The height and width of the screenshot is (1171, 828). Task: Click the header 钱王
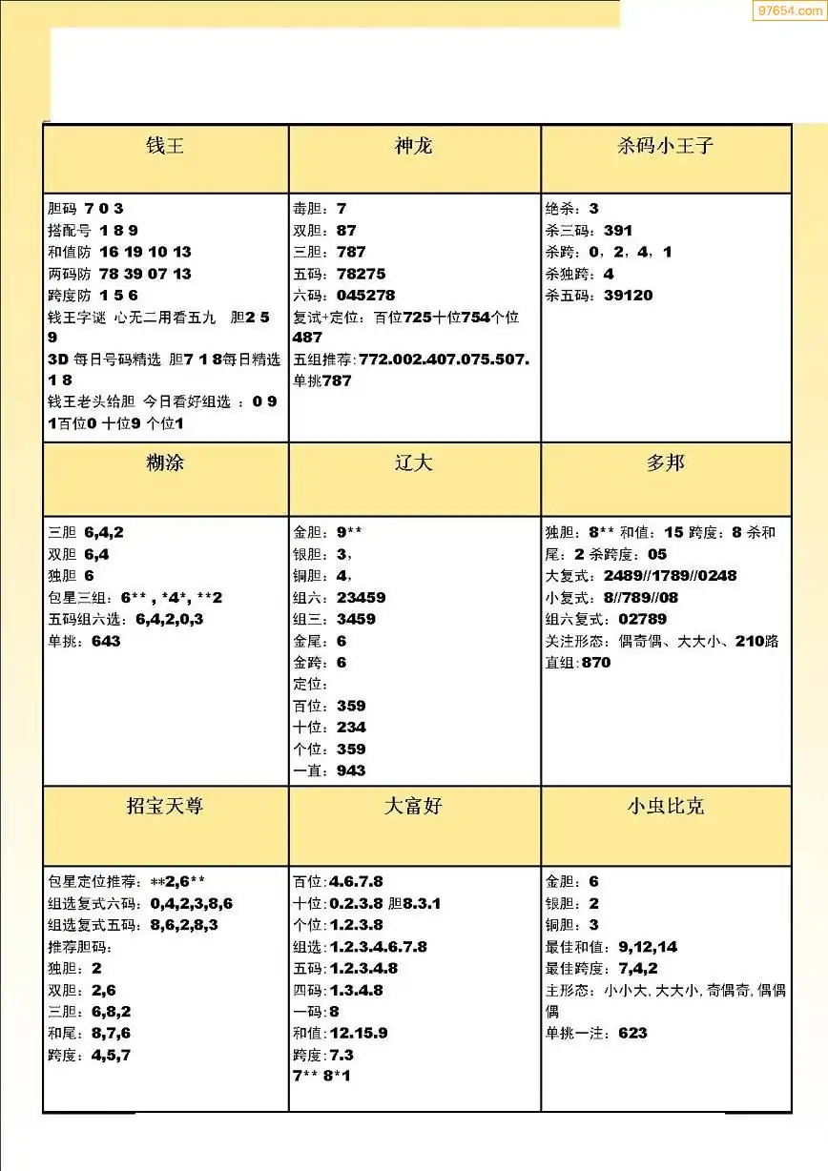point(165,146)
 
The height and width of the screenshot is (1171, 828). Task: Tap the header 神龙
point(414,146)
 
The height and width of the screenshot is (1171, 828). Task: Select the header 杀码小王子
point(666,146)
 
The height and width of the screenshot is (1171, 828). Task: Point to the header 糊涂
point(165,463)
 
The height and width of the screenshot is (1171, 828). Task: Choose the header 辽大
point(414,463)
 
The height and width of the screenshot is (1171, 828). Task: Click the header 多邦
point(666,463)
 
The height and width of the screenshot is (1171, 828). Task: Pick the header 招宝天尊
point(165,807)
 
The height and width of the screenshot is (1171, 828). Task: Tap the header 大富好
point(414,807)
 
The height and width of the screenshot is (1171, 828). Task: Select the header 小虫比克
point(666,807)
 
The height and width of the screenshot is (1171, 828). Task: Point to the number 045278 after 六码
point(365,296)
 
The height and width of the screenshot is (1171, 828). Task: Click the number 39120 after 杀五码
point(629,296)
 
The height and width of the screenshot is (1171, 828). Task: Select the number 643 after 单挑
point(107,642)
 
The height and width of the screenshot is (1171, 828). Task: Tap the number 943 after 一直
point(351,770)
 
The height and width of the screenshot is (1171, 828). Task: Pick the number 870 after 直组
point(595,663)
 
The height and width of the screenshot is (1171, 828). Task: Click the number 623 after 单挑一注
point(632,1034)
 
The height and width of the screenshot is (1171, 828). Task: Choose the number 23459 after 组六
point(362,598)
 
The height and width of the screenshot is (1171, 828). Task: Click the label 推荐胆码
point(80,947)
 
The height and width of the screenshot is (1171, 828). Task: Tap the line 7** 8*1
point(322,1077)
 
